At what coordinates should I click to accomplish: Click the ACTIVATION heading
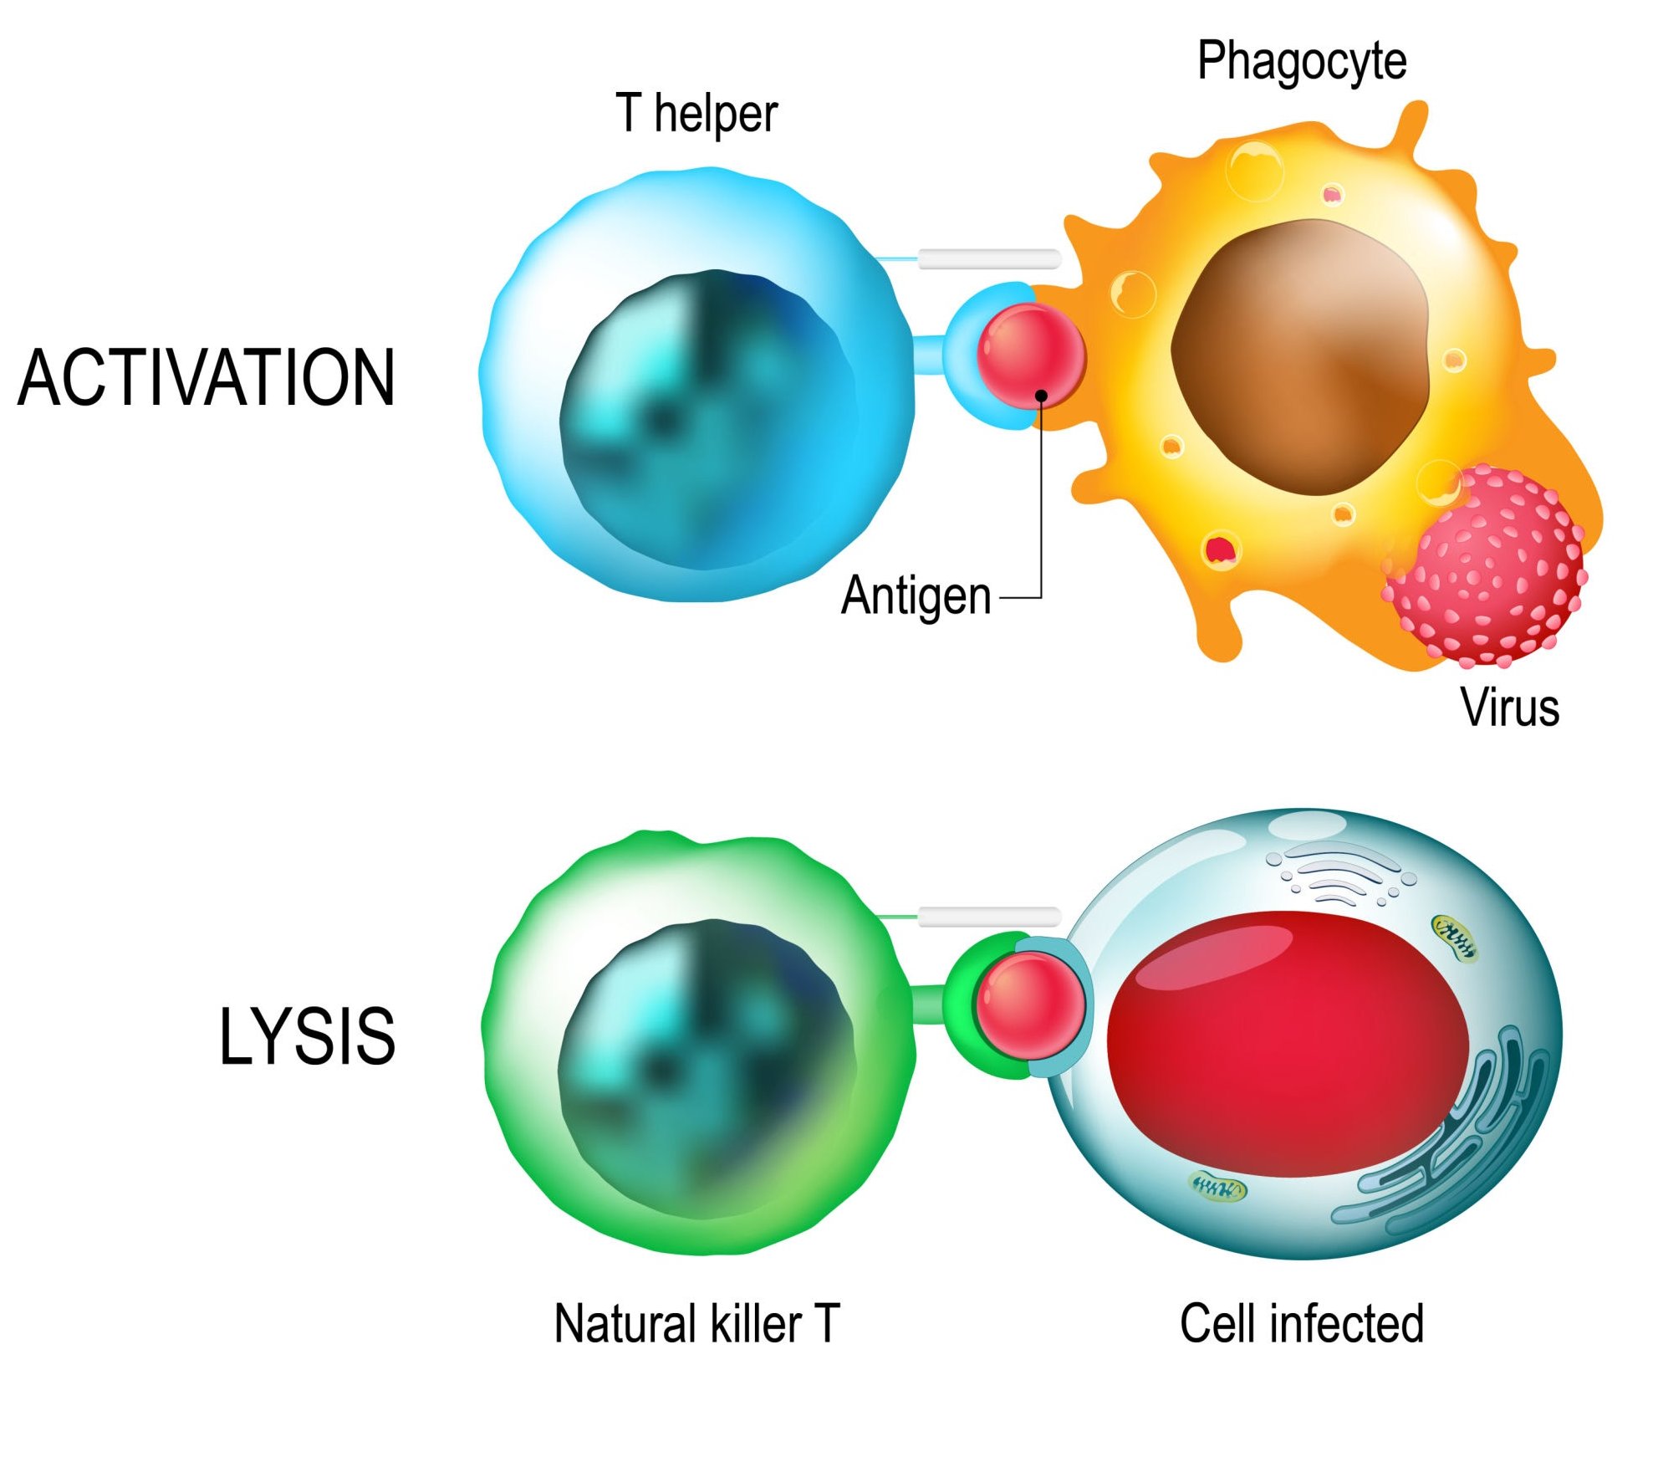[206, 378]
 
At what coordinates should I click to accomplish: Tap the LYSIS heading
[307, 1037]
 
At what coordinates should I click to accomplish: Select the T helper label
[696, 114]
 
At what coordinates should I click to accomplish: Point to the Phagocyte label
[1301, 60]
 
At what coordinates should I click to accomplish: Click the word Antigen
[916, 595]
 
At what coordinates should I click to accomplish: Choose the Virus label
[1509, 708]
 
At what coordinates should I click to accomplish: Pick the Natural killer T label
[696, 1324]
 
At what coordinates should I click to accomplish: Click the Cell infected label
[1301, 1324]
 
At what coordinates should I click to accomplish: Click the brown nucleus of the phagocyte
[1300, 355]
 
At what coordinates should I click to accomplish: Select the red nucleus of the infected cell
[1288, 1045]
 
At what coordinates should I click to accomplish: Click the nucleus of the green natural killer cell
[707, 1071]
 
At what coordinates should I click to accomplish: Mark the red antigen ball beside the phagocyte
[1030, 355]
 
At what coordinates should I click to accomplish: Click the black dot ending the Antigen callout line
[1041, 395]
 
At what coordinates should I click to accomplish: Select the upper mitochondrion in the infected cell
[1454, 937]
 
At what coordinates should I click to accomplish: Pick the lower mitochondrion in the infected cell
[1217, 1187]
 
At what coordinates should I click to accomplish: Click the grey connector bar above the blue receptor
[989, 258]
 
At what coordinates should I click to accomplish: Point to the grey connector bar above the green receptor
[989, 917]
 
